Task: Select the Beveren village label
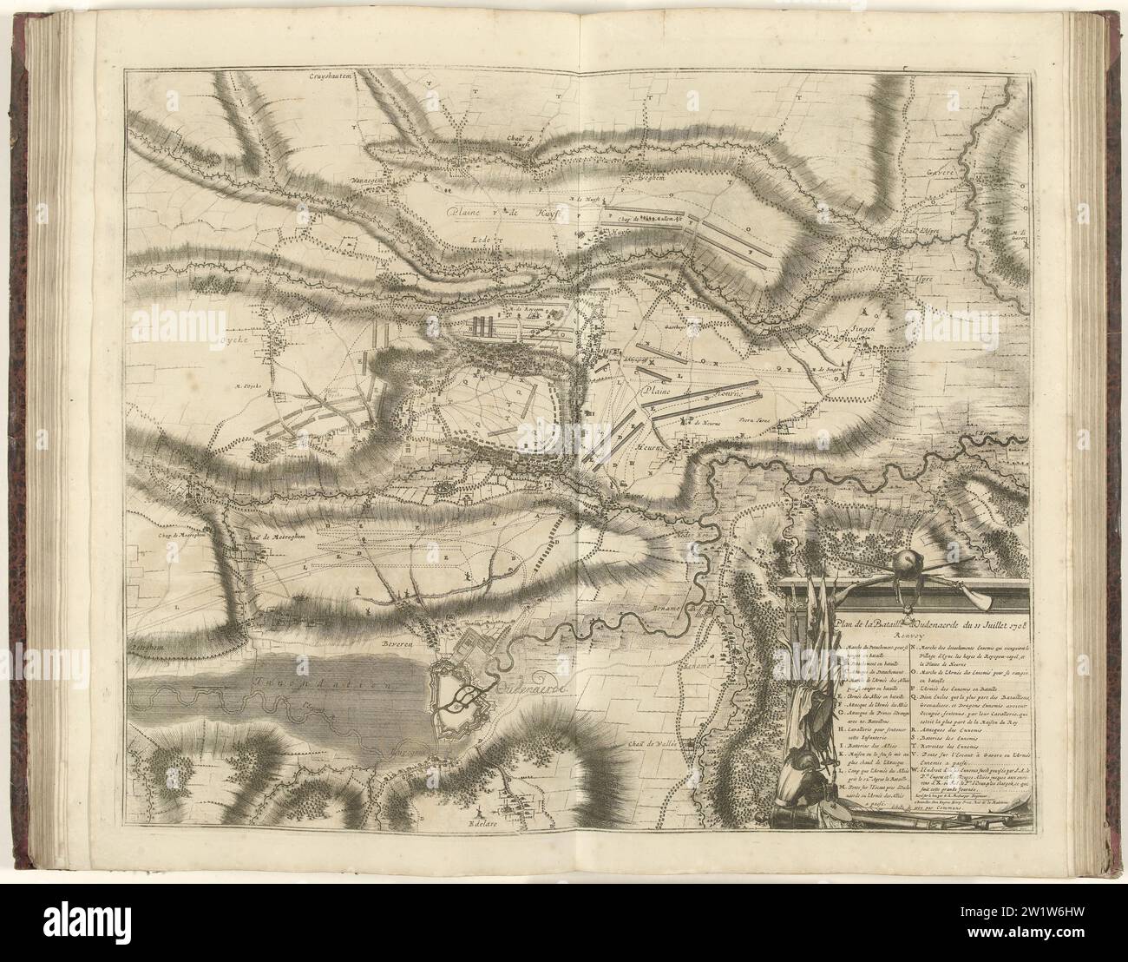[397, 644]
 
